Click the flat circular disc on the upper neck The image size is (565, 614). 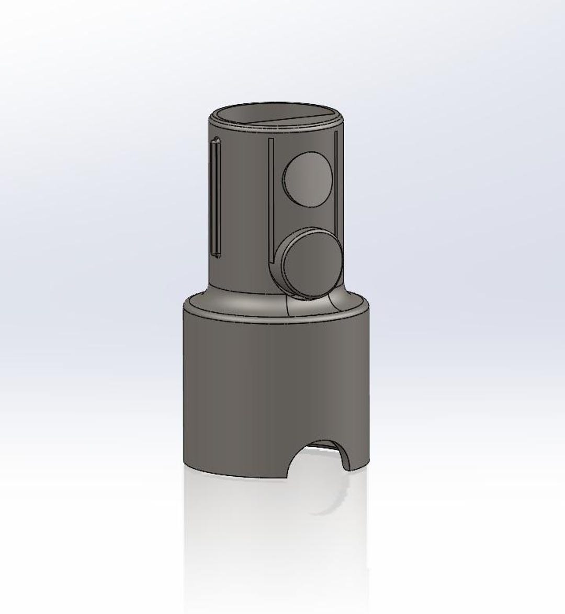point(308,180)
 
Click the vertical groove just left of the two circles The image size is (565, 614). point(270,199)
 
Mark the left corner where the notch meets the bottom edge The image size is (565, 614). point(288,478)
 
